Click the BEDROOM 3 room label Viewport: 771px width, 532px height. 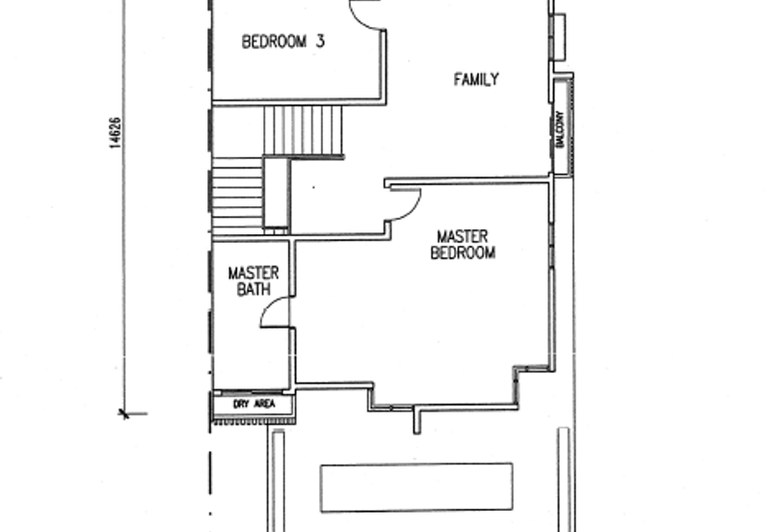click(283, 41)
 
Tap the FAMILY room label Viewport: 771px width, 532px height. click(476, 79)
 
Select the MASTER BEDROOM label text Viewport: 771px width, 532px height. click(463, 245)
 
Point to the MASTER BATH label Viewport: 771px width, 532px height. click(253, 281)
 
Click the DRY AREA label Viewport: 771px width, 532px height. click(254, 404)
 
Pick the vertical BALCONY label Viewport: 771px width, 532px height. click(560, 129)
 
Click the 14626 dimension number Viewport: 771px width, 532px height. click(114, 133)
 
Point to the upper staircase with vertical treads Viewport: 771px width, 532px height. click(303, 131)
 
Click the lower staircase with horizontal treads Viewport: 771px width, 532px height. click(237, 196)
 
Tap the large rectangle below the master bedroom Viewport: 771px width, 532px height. click(416, 488)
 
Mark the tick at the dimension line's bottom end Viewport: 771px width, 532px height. click(124, 414)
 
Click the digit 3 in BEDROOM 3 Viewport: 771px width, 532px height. click(320, 41)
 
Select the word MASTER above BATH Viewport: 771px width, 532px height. click(253, 274)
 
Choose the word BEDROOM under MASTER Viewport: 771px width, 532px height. click(463, 253)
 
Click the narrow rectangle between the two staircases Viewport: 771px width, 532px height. click(277, 195)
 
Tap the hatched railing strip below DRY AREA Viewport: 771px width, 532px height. click(254, 421)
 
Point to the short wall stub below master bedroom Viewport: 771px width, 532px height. click(416, 420)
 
